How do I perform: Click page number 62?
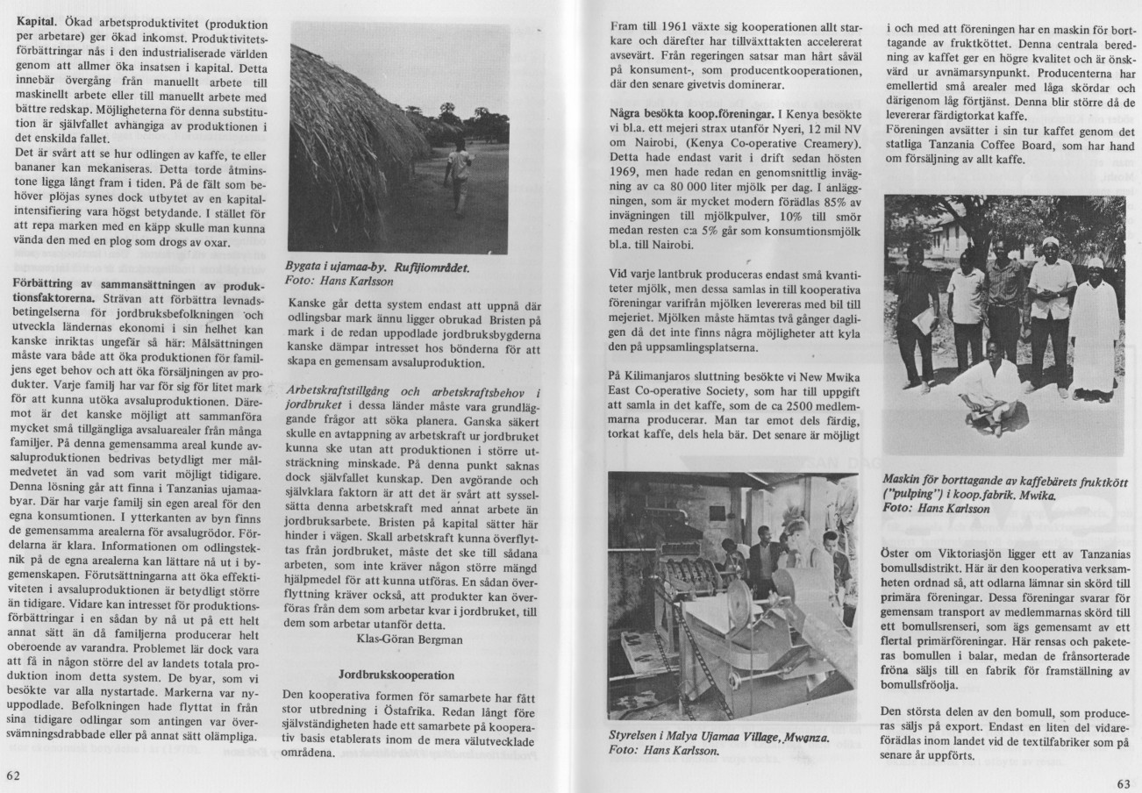pos(13,775)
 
